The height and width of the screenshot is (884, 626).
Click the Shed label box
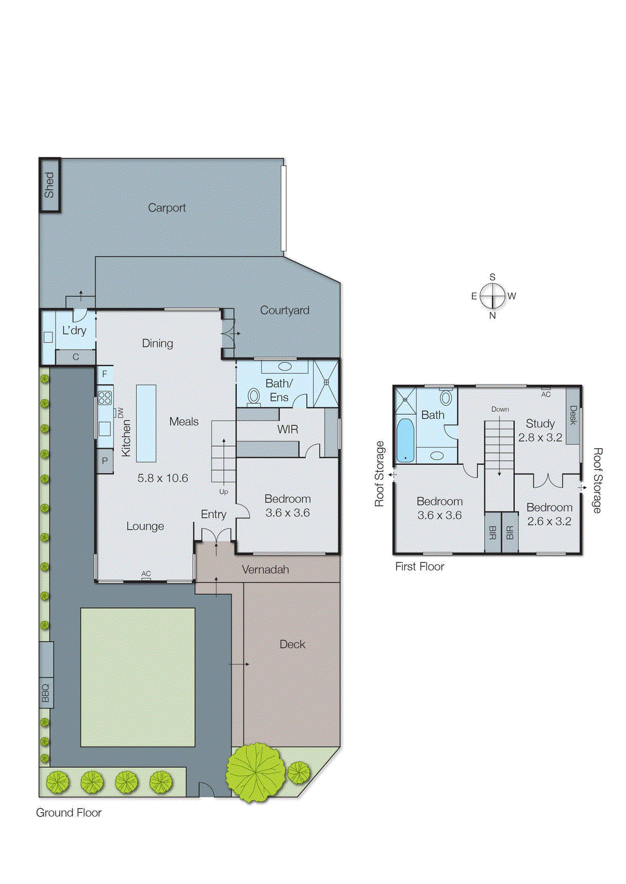coord(49,185)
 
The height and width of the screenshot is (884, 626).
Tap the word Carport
coord(166,208)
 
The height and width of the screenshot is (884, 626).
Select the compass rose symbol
coord(492,296)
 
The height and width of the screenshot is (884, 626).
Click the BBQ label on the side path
coord(46,693)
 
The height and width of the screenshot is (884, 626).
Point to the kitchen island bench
coord(146,423)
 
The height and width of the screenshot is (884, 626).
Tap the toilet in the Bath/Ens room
coord(254,396)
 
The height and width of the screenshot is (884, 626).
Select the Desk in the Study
coord(573,415)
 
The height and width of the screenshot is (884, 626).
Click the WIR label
coord(287,429)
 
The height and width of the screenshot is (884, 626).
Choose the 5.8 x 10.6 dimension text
coord(162,478)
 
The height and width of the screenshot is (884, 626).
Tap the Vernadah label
coord(265,570)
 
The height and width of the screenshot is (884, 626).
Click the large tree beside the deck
coord(256,772)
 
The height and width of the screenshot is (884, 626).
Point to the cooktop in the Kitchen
coord(105,398)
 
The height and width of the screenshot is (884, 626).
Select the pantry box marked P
coord(105,461)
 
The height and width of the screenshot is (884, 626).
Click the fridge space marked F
coord(104,374)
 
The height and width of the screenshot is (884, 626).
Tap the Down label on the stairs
coord(500,409)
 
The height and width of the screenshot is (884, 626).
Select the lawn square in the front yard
coord(138,677)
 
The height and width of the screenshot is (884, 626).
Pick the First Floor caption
coord(419,567)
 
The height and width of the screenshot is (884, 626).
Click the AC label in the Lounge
coord(146,574)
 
